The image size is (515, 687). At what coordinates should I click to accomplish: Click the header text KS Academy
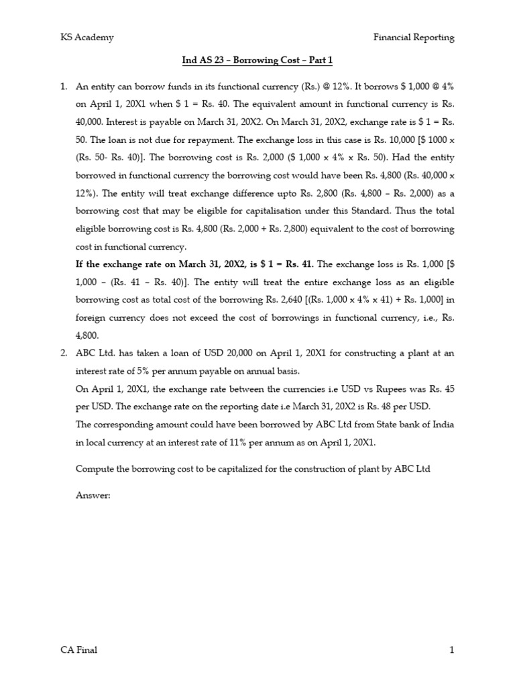(x=87, y=38)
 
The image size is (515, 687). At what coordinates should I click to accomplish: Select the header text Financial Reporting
(x=414, y=38)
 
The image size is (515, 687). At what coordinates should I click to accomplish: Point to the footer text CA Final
(x=78, y=649)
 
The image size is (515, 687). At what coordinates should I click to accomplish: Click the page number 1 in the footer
(x=452, y=649)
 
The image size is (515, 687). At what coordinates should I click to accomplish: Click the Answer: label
(x=93, y=495)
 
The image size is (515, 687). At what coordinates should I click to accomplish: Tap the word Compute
(x=95, y=468)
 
